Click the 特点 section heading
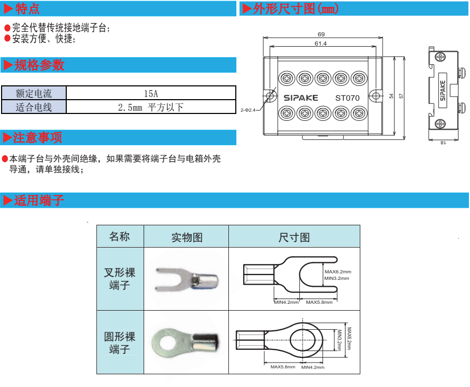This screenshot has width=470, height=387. click(26, 9)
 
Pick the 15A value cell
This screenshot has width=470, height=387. click(151, 93)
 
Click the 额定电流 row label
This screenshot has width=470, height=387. click(34, 93)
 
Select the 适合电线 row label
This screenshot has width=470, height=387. click(34, 107)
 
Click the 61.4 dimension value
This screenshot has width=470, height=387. click(321, 43)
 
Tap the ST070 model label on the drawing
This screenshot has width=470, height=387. click(347, 98)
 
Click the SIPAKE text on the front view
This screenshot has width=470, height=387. click(300, 98)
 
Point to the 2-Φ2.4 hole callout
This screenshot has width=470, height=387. click(248, 110)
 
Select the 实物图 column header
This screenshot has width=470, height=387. click(187, 237)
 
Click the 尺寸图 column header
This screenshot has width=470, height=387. click(294, 237)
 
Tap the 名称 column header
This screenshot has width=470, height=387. click(120, 236)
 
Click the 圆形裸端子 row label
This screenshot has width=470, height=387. click(120, 342)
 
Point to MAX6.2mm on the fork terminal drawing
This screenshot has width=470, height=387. click(338, 271)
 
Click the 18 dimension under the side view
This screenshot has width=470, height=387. click(443, 142)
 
